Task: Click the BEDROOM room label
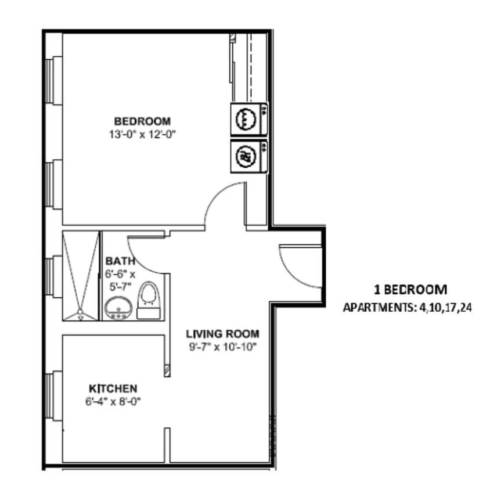pyautogui.click(x=142, y=121)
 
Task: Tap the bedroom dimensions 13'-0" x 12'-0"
pyautogui.click(x=142, y=134)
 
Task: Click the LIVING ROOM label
pyautogui.click(x=222, y=334)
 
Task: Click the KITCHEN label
pyautogui.click(x=113, y=388)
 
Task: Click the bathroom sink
pyautogui.click(x=118, y=307)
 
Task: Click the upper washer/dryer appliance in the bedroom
pyautogui.click(x=248, y=120)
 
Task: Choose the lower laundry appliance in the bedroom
pyautogui.click(x=248, y=156)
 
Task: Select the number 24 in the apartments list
pyautogui.click(x=464, y=308)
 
